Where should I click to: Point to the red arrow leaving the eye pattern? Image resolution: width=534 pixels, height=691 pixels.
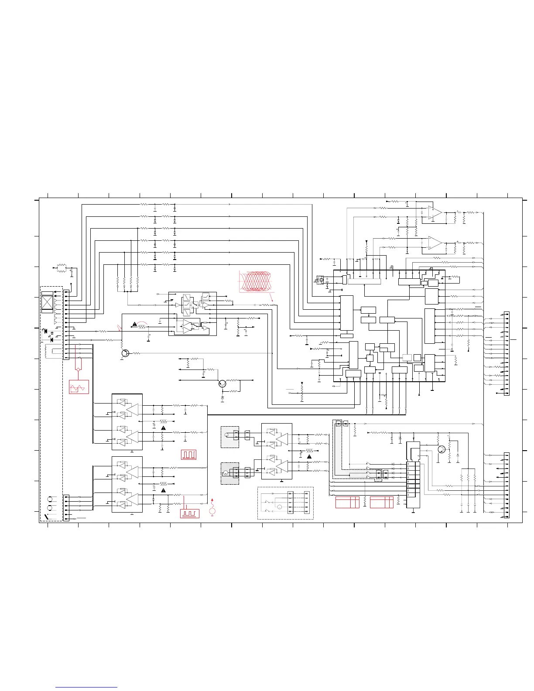coord(272,298)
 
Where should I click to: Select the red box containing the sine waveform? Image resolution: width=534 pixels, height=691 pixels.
coord(79,387)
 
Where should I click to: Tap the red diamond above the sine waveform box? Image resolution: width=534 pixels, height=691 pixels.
coord(78,369)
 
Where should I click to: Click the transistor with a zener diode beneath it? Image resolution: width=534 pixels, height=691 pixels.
coord(223,384)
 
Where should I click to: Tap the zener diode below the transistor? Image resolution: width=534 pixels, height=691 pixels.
coord(223,399)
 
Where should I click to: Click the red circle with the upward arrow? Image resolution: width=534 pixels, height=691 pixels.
coord(212,510)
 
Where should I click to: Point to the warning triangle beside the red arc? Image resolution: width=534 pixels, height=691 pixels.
coord(135,324)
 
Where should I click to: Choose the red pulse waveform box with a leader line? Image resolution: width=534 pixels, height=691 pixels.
coord(190,513)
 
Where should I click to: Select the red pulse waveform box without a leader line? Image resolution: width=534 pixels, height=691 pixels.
coord(188,455)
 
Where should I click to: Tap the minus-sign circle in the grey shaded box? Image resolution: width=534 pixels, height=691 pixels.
coord(226,473)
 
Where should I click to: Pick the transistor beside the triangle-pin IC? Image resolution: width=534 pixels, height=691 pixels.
coord(442,449)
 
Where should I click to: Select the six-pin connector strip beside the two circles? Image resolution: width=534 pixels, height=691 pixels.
coord(66,508)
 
